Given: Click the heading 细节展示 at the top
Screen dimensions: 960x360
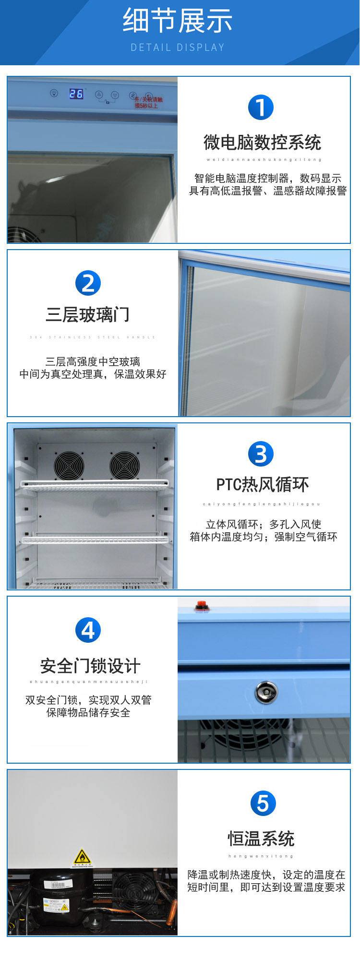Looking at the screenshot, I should pos(178,22).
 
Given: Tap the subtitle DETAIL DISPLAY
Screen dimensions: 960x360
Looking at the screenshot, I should pos(178,48).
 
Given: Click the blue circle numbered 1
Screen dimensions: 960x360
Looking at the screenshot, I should pos(261,107).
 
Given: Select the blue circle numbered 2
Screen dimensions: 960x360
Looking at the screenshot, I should pos(88,283).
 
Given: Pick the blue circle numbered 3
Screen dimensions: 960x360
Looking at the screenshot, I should pos(261,454).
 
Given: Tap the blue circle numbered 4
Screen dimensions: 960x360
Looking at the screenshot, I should pos(88,630).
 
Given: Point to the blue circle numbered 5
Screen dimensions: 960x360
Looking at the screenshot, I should pos(263,804).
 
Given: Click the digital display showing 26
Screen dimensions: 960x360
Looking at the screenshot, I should pos(76,94).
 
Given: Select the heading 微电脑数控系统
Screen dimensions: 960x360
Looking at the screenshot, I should pos(262,143).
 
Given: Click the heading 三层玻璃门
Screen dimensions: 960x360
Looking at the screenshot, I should pos(88,315).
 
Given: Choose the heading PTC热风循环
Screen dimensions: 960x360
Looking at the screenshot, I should pos(262,485).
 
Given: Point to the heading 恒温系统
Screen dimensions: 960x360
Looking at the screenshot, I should pos(261,839).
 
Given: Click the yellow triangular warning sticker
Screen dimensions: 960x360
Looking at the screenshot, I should pos(82,857).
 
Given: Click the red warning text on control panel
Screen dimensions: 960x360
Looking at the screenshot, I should pos(148,102).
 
